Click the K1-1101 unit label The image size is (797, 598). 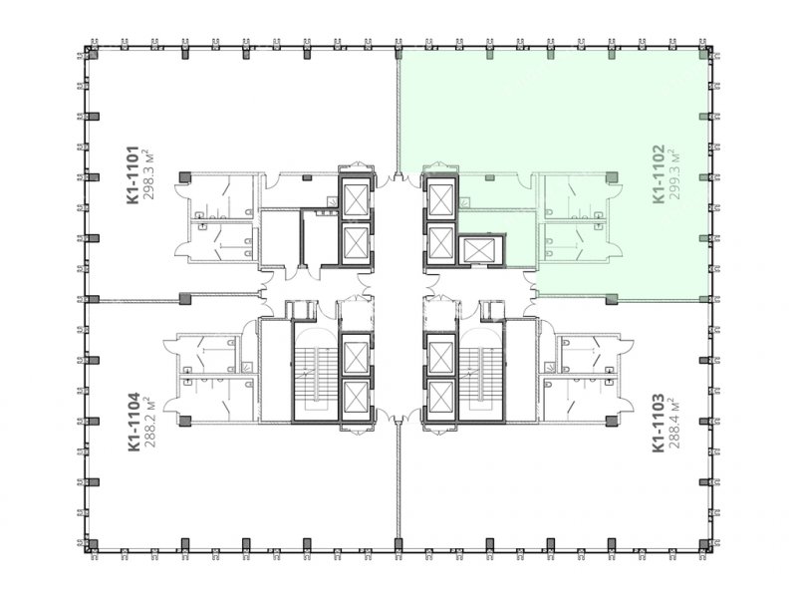[133, 175]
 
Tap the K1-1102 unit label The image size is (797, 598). [659, 173]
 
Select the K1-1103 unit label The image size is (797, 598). [659, 423]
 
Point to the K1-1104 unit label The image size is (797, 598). [133, 422]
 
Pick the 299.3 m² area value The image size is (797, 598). [675, 173]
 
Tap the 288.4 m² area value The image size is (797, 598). [675, 423]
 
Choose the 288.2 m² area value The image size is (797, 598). [150, 422]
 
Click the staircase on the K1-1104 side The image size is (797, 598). [316, 371]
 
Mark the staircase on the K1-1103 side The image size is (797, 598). [481, 371]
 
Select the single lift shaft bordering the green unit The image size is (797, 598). [481, 250]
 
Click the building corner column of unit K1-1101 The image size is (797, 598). [92, 53]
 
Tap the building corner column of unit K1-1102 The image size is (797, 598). [704, 53]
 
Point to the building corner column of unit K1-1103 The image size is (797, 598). [704, 546]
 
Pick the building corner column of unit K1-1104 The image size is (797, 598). [92, 546]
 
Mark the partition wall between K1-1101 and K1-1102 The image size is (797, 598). [398, 113]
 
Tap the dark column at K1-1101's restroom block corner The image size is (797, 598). [185, 177]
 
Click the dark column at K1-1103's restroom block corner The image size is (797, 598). [612, 421]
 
